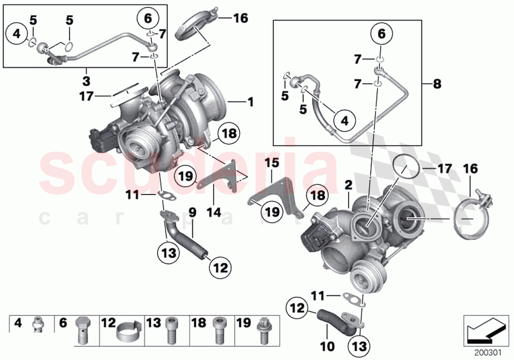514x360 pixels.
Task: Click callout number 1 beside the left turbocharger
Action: [x=250, y=102]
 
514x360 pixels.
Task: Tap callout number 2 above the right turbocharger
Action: [x=348, y=185]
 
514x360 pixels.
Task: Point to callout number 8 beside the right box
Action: [x=437, y=84]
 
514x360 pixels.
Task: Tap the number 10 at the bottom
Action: [x=327, y=347]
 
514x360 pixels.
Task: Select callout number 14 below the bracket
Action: [x=214, y=213]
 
